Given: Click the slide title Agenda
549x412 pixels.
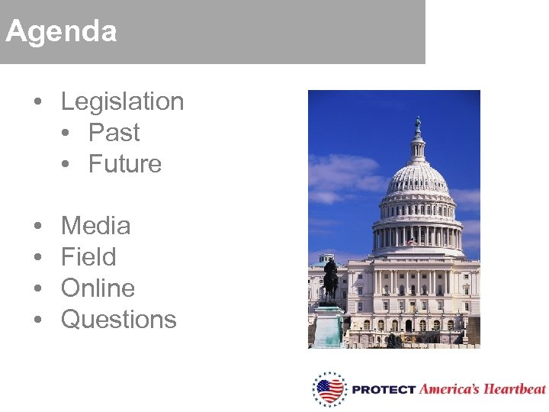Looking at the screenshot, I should [x=61, y=32].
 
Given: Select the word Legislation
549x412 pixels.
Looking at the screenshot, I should [x=122, y=101].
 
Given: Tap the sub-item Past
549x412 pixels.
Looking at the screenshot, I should [x=114, y=133].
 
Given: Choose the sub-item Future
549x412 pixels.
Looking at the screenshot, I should [x=125, y=164].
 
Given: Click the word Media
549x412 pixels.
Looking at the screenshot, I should [x=95, y=226].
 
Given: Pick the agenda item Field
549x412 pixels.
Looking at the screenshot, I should [x=88, y=257].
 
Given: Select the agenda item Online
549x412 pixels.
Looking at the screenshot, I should [x=98, y=288].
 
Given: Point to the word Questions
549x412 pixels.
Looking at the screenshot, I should [x=118, y=320].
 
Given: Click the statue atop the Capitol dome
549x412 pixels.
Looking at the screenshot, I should [x=417, y=124].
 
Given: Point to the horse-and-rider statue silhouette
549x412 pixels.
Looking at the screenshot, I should [x=330, y=279].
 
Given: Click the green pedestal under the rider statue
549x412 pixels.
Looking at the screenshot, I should [x=329, y=327].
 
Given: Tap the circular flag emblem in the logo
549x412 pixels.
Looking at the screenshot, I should [x=330, y=390].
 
